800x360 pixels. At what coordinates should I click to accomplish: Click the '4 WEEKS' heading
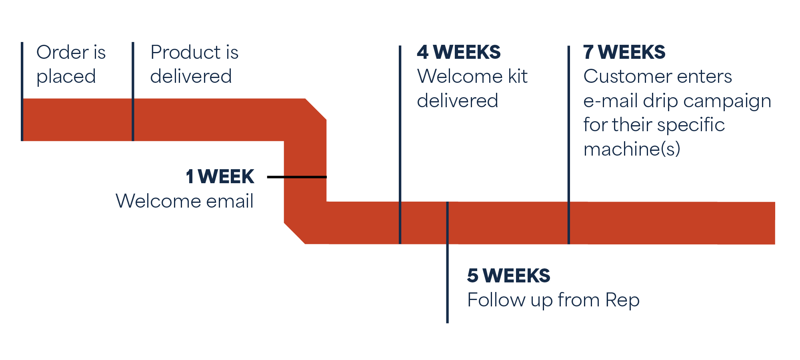coord(458,52)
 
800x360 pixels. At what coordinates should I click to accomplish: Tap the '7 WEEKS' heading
coord(624,52)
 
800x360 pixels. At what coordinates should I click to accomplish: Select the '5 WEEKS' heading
coord(508,276)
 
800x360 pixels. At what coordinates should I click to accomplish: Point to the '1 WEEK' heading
coord(220,177)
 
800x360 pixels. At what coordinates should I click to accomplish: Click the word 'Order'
coord(62,52)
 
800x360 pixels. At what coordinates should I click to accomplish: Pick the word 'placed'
coord(66,77)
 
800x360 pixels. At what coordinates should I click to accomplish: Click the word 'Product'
coord(185,52)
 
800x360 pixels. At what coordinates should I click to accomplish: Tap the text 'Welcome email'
coord(184,201)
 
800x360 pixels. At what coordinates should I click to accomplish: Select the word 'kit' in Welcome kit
coord(518,76)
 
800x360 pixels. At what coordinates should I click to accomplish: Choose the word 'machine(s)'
coord(632,149)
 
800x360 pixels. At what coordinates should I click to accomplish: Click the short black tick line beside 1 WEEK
coord(296,177)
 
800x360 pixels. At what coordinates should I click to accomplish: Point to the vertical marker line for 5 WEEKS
coord(447,280)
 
